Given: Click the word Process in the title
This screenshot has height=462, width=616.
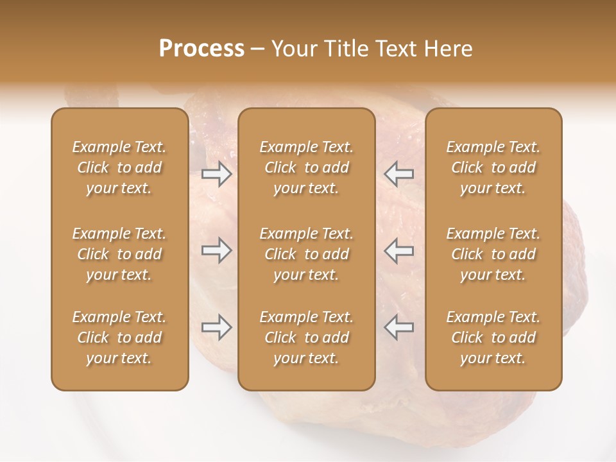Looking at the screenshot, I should [201, 49].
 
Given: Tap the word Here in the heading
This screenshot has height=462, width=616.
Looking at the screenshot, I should [449, 49].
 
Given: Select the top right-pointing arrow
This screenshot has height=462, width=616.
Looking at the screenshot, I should [216, 174].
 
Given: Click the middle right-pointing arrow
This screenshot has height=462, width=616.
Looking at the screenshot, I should [216, 250].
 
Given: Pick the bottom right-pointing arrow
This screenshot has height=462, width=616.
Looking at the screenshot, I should [216, 327].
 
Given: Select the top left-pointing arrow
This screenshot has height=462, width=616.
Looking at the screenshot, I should [398, 174].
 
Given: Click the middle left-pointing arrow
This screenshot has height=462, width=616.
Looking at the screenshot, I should [398, 250].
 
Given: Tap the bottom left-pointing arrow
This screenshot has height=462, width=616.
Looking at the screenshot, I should [398, 327].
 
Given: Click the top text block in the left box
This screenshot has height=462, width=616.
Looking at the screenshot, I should [119, 167].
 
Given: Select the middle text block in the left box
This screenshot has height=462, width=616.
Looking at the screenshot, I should [119, 254].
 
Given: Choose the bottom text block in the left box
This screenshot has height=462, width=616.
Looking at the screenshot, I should [119, 338].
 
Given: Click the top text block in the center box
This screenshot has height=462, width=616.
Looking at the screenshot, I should [306, 167].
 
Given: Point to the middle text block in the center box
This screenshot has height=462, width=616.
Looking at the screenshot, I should [306, 254].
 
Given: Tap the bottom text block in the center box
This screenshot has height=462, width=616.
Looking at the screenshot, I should [306, 338].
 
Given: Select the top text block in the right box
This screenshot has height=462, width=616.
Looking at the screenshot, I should [493, 167].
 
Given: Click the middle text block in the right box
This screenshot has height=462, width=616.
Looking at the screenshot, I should [493, 254].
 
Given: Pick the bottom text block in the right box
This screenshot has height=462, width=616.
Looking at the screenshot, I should [493, 338].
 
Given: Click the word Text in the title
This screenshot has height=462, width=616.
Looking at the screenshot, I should [396, 49].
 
